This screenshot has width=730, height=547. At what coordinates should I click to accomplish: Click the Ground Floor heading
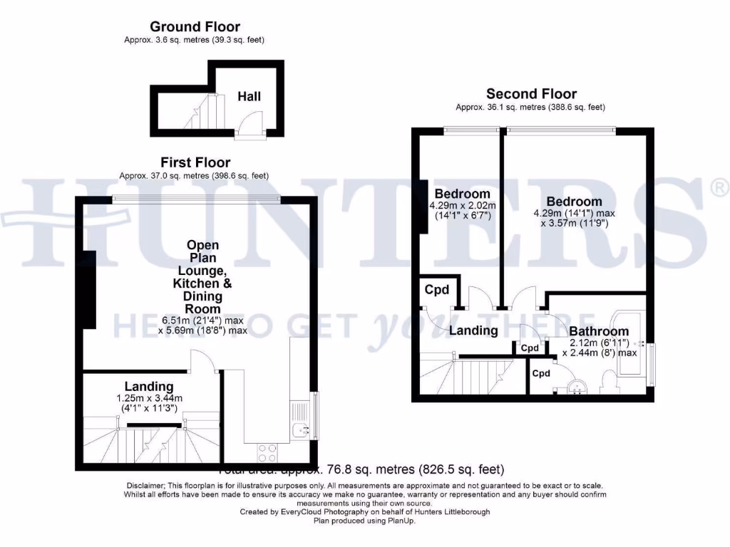195,27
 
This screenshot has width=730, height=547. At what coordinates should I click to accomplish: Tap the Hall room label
250,95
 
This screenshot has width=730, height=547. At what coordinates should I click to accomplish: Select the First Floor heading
195,162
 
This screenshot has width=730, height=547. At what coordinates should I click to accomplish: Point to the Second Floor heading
531,93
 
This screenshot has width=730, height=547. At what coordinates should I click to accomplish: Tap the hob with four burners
267,453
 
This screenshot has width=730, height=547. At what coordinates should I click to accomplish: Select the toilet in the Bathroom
610,385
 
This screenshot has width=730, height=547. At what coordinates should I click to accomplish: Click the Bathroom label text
599,331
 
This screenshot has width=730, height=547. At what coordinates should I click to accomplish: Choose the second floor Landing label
473,330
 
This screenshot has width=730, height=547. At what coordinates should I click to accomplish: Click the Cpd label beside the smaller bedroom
437,290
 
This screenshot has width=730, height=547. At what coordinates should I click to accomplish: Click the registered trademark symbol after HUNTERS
719,187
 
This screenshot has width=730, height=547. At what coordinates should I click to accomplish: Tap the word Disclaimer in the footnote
145,485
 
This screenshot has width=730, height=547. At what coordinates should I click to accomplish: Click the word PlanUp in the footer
400,521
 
